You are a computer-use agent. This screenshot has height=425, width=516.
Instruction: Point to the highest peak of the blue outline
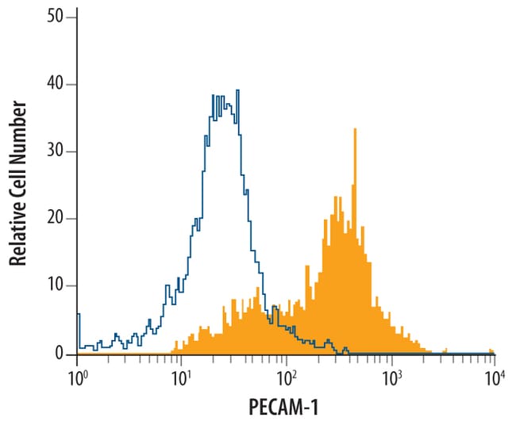(x=237, y=91)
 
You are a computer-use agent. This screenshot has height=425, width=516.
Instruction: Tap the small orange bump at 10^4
(x=491, y=350)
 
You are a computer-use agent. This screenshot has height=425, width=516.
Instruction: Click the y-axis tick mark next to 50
(x=73, y=17)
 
